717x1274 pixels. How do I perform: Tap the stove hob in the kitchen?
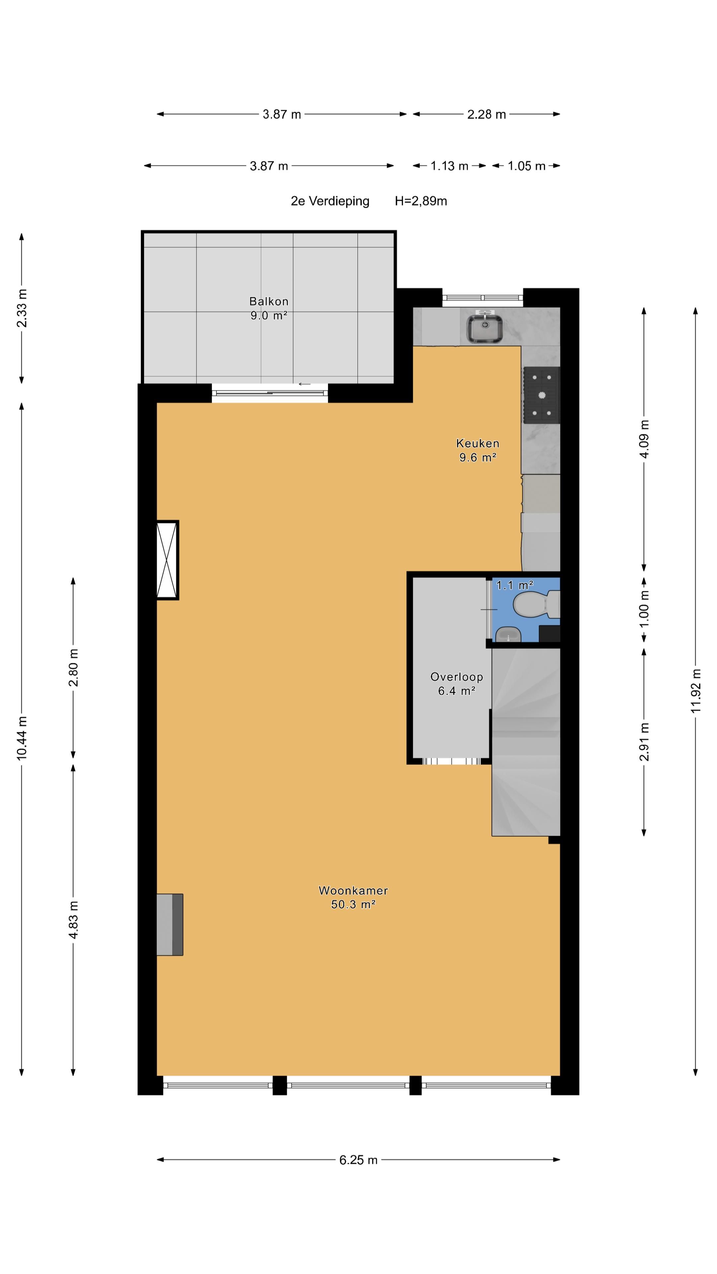(541, 395)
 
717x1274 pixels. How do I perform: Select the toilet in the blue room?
(536, 604)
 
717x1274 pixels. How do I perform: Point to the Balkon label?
(269, 301)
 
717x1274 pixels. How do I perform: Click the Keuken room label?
(478, 443)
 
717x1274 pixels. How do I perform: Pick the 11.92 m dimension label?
(696, 691)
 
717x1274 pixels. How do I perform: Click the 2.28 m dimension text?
(486, 114)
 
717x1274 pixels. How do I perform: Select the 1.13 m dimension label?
(449, 166)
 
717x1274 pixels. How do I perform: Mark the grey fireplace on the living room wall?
(170, 924)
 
